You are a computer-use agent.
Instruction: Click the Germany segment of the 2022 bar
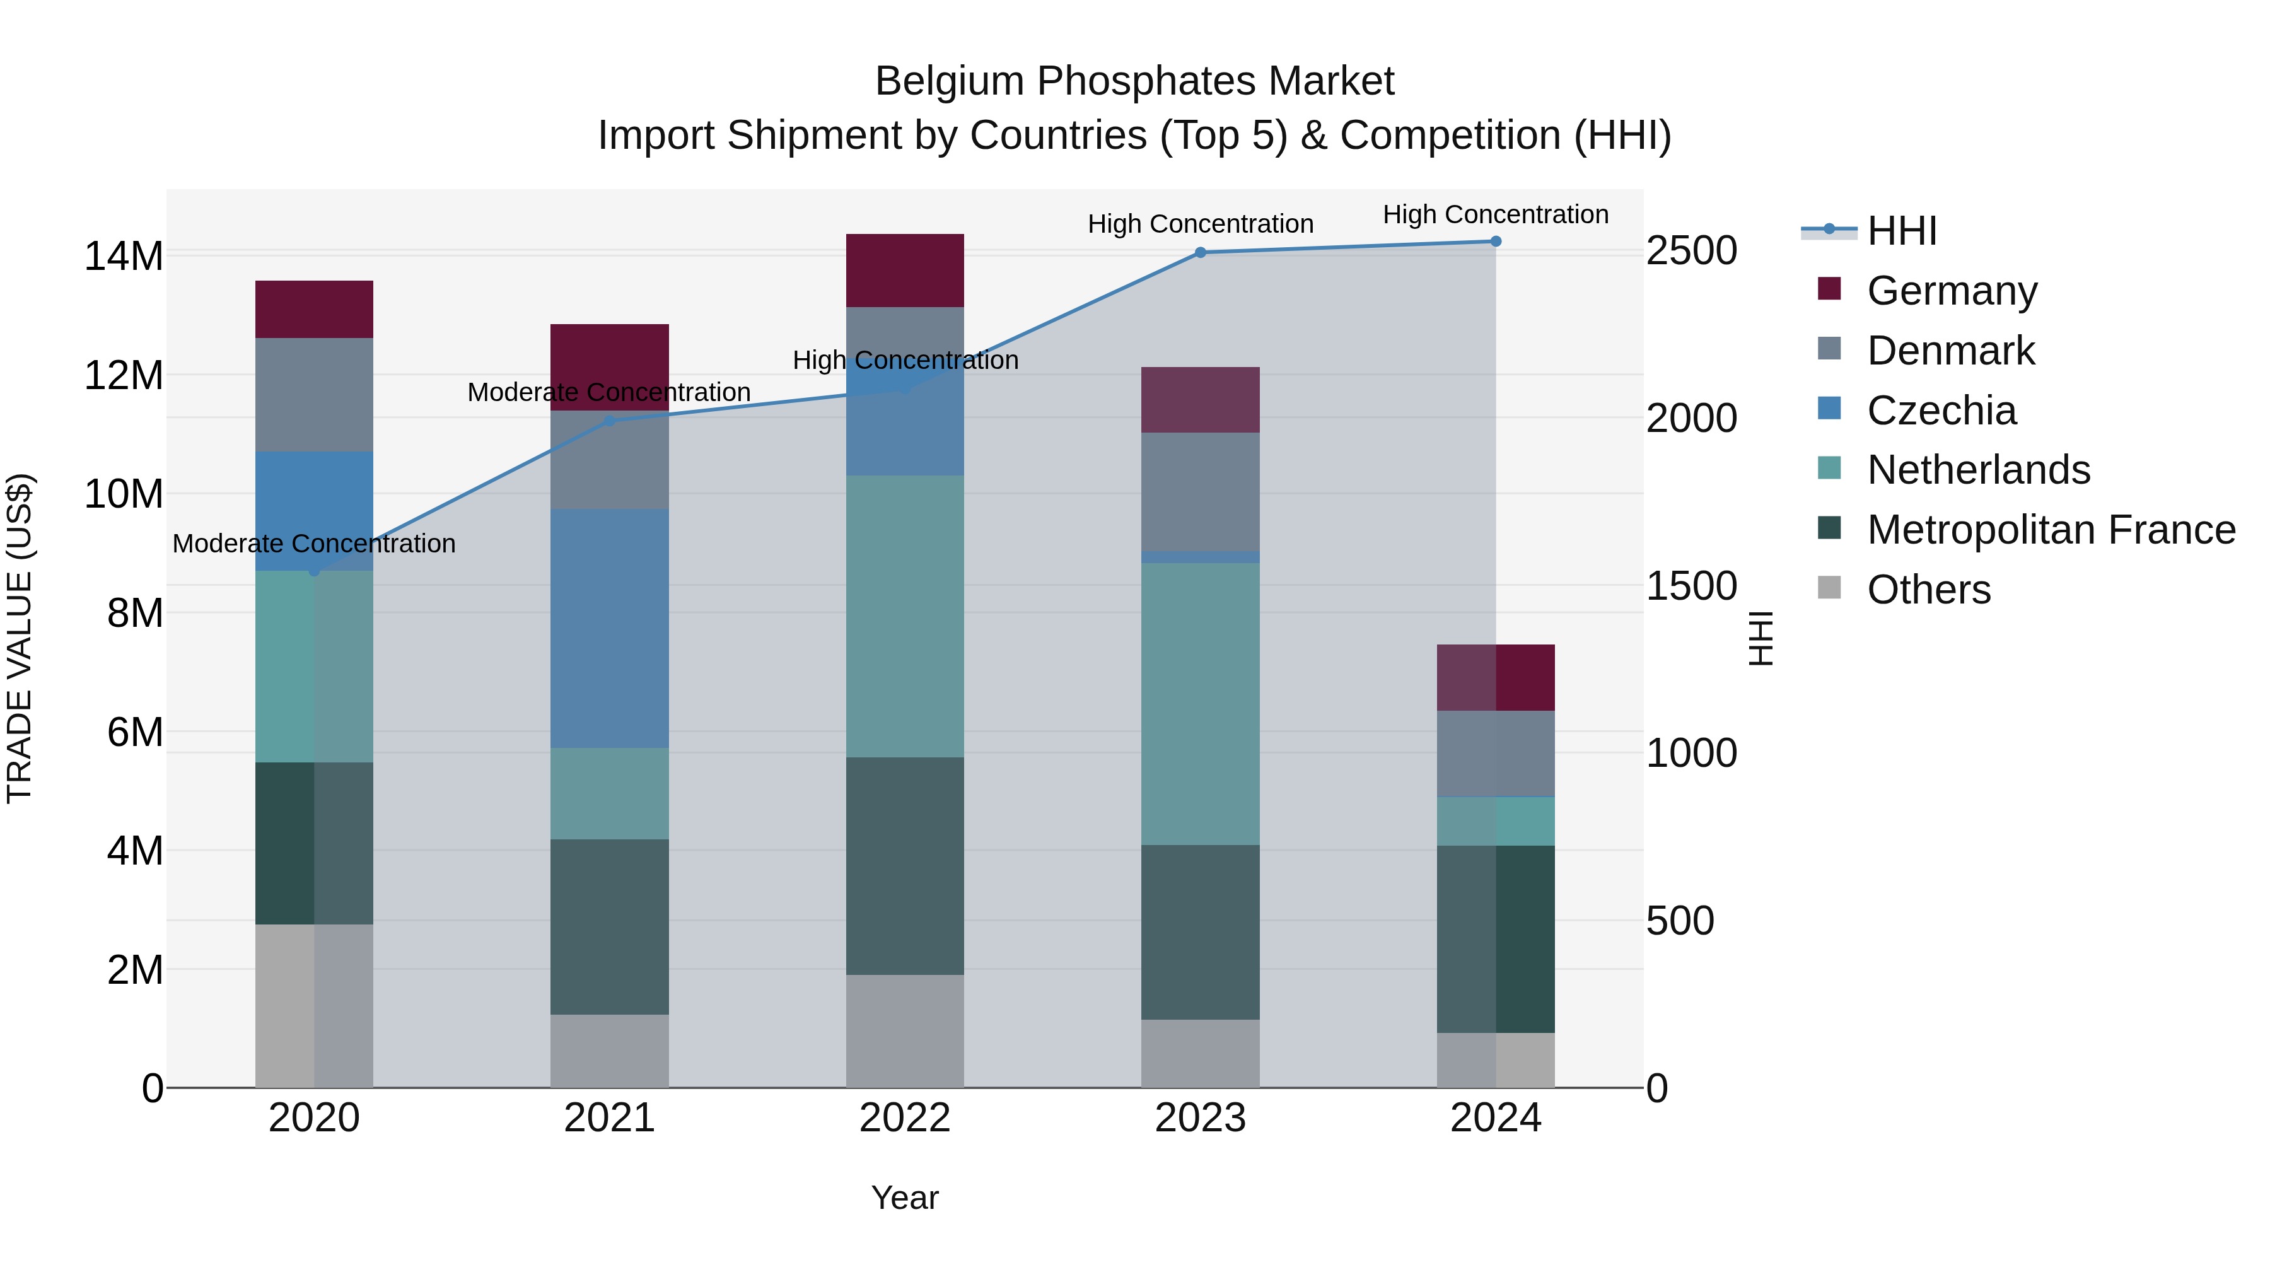click(x=904, y=270)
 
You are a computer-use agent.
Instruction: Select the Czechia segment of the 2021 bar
click(x=609, y=627)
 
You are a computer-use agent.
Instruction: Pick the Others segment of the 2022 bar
click(x=904, y=1030)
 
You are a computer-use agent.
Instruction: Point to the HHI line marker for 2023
click(x=1199, y=253)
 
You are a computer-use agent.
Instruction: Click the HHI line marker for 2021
click(x=609, y=421)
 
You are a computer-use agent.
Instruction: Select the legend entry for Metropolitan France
click(x=2051, y=530)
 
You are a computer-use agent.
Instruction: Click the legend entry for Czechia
click(x=1941, y=411)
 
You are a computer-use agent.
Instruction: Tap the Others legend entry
click(x=1928, y=590)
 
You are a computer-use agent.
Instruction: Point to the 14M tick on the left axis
click(x=124, y=257)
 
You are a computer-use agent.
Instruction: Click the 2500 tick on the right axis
click(x=1690, y=251)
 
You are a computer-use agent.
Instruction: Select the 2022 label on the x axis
click(x=904, y=1118)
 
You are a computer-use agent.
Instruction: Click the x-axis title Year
click(x=904, y=1198)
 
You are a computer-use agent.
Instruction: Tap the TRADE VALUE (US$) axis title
click(x=20, y=638)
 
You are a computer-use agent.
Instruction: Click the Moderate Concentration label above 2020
click(x=314, y=544)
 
